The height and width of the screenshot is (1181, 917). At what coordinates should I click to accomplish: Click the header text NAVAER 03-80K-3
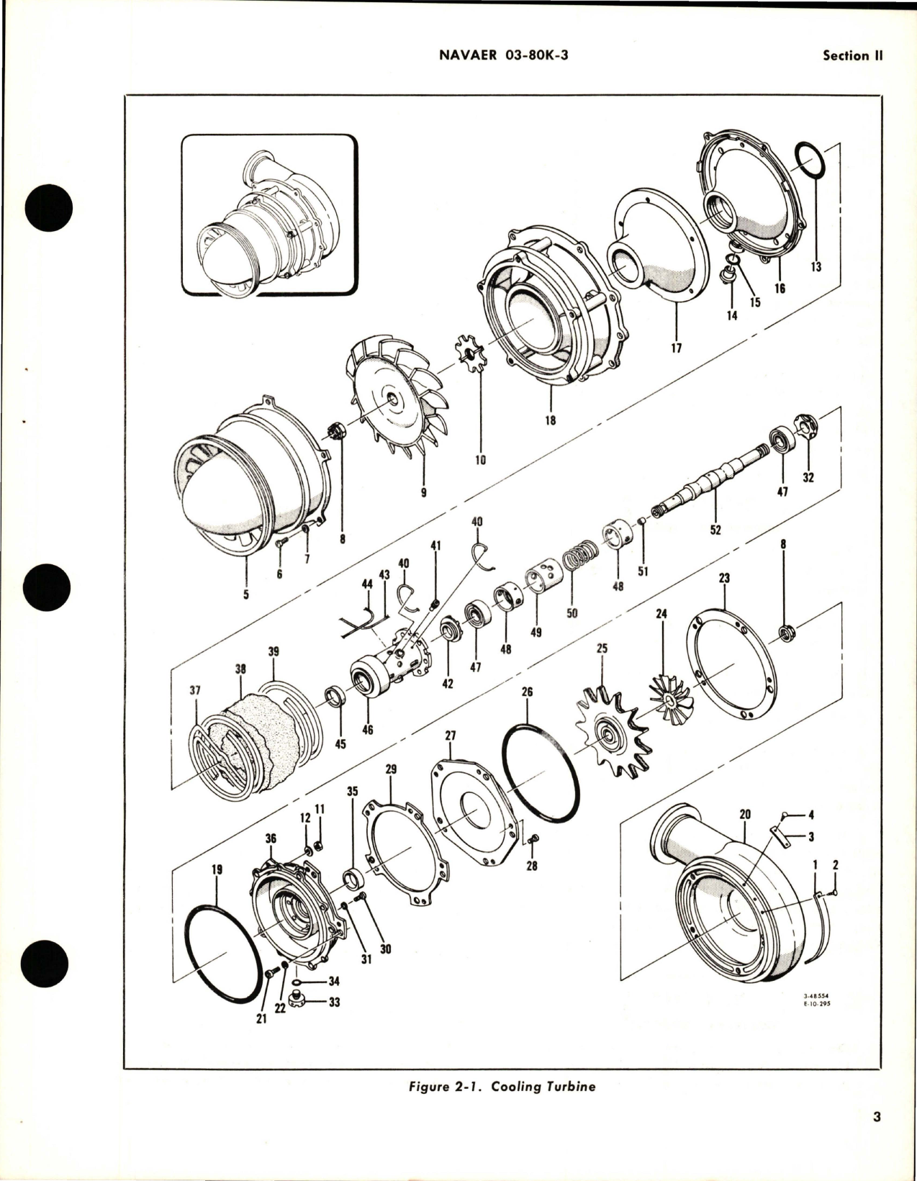[x=503, y=56]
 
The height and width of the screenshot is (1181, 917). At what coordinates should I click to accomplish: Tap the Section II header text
[x=852, y=56]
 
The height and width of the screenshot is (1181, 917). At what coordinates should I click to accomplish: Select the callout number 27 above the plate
[x=451, y=736]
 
